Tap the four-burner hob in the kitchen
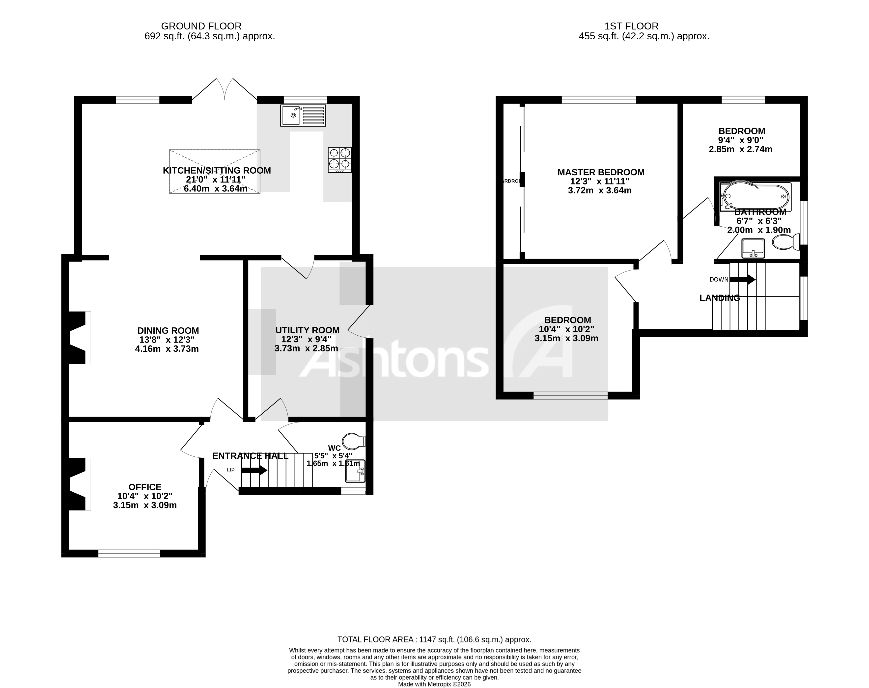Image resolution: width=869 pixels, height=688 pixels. click(339, 159)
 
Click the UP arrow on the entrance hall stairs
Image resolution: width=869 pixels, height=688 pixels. click(254, 470)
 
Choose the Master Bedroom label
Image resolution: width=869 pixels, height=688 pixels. click(601, 172)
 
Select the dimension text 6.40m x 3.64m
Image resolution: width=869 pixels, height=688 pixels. click(215, 188)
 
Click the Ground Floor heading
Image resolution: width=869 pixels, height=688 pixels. click(201, 26)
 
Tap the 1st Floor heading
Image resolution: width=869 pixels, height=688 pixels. click(631, 26)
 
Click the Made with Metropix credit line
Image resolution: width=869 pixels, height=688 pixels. click(434, 684)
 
